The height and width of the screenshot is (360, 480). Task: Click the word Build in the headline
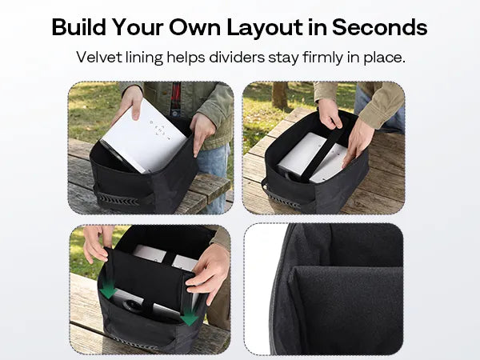(78, 27)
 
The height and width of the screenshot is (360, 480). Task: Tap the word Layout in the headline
(264, 27)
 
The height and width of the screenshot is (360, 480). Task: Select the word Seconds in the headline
(379, 27)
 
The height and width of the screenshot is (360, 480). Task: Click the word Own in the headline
(194, 27)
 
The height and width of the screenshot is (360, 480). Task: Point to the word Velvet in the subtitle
(99, 58)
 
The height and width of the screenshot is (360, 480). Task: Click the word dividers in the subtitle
(237, 58)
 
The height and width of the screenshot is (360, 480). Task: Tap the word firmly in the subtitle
(322, 58)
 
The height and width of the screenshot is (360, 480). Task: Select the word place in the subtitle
(384, 58)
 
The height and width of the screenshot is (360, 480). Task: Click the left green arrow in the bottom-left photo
(108, 288)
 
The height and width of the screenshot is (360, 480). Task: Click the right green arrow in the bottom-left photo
(190, 316)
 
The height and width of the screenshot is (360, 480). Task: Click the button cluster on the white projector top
(159, 129)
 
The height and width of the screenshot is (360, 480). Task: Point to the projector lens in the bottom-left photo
(131, 305)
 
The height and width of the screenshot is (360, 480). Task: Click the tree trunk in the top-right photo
(279, 95)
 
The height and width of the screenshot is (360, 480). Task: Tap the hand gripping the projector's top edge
(130, 102)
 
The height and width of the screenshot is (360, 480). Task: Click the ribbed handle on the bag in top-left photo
(116, 200)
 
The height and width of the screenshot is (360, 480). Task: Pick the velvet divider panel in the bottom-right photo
(347, 309)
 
